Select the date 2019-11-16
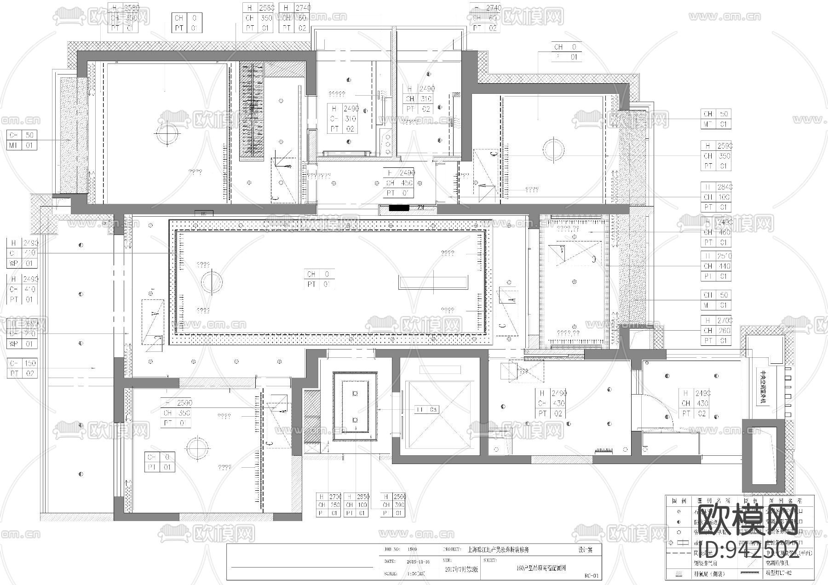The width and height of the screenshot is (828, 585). pos(418,562)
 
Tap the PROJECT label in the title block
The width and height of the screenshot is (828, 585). pos(452,549)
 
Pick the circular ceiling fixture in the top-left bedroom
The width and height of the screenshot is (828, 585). pos(167,134)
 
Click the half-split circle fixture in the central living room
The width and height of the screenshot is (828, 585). pos(211,282)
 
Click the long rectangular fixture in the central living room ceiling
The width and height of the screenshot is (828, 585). pos(433,282)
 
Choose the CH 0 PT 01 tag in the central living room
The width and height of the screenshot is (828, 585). pos(319,279)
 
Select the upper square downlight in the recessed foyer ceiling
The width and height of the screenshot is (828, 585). pos(355,394)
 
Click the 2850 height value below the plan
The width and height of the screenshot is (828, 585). pos(363,497)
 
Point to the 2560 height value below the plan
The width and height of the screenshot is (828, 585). pos(399,497)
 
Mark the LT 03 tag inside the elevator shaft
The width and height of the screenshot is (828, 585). pos(427,409)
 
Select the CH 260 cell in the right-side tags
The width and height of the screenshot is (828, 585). pos(717,330)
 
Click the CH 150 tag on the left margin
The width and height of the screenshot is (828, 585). pos(23,363)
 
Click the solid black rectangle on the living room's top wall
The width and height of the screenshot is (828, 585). pos(398,208)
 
